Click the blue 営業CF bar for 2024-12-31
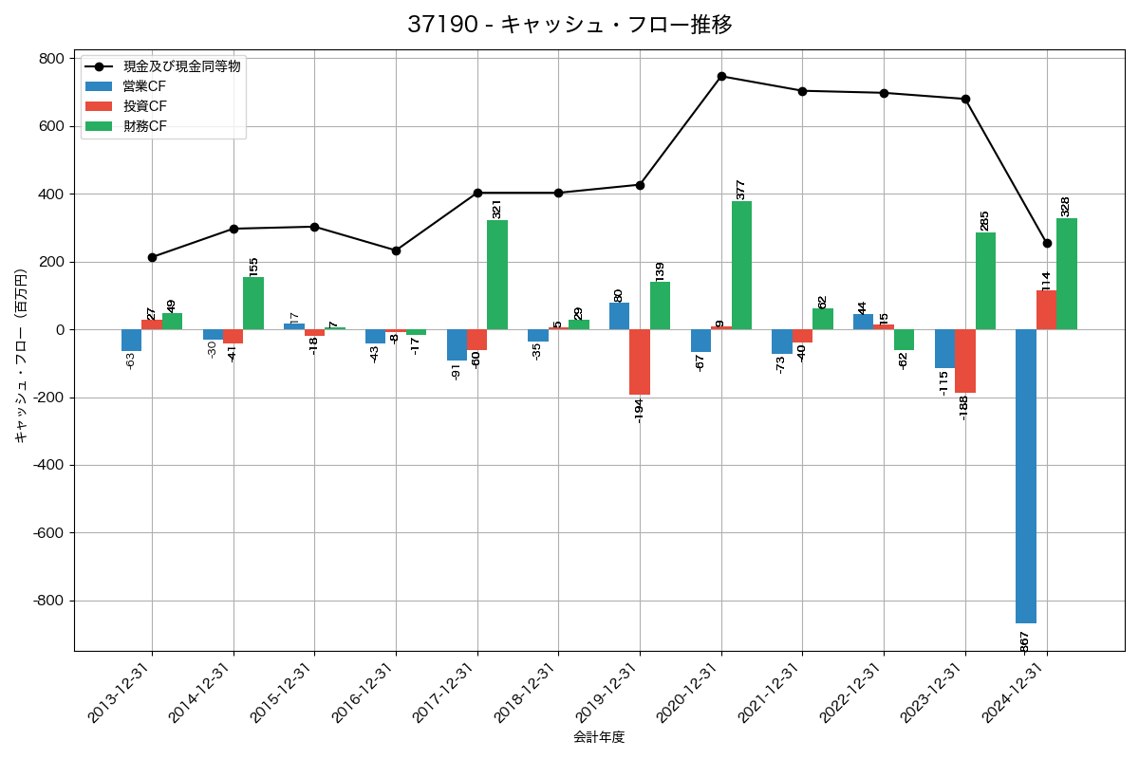(1025, 476)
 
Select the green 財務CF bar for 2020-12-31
(741, 266)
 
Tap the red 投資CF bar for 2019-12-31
(640, 362)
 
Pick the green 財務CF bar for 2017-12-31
(497, 275)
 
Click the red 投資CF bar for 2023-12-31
(965, 361)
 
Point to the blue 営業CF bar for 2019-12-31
(619, 316)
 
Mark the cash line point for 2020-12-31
(721, 76)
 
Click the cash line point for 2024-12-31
(1047, 243)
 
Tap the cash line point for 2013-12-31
(152, 257)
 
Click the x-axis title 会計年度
(599, 737)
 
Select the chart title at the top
(569, 25)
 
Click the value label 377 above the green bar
(741, 189)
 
